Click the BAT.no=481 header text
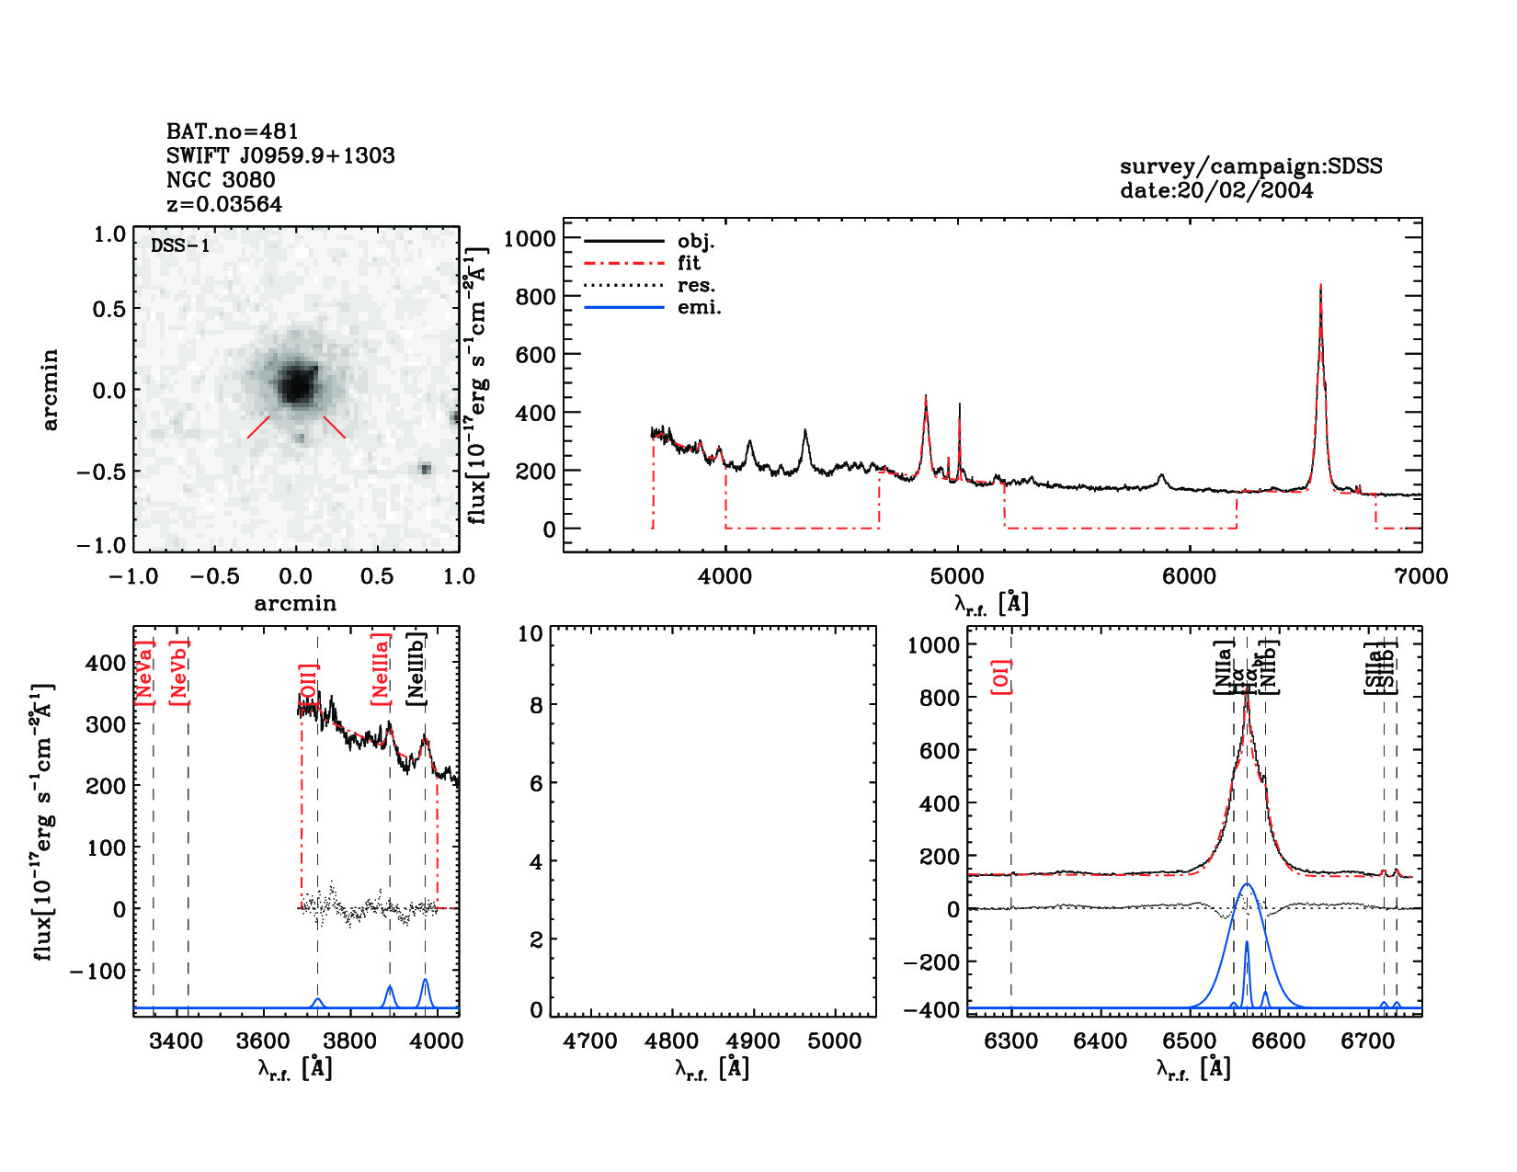[x=232, y=131]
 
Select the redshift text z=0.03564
[x=224, y=204]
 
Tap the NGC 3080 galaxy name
[x=221, y=180]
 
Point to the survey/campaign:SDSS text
[x=1250, y=166]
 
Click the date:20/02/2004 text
[x=1216, y=190]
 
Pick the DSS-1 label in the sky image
[x=180, y=245]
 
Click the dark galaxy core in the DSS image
[x=296, y=384]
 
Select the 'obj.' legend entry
[x=696, y=242]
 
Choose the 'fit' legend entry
[x=689, y=264]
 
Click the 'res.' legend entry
[x=696, y=286]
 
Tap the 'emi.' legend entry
[x=699, y=308]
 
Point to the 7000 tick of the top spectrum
[x=1421, y=576]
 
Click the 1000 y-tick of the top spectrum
[x=530, y=239]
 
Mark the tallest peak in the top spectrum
[x=1320, y=287]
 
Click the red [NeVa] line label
[x=144, y=673]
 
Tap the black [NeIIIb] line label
[x=416, y=668]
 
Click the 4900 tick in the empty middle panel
[x=753, y=1041]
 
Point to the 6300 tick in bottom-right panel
[x=1011, y=1041]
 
